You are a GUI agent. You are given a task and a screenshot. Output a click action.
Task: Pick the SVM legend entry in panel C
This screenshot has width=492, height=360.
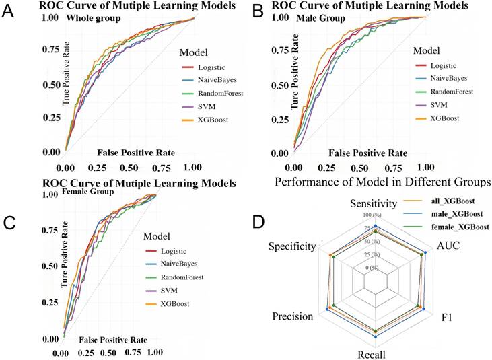coord(174,291)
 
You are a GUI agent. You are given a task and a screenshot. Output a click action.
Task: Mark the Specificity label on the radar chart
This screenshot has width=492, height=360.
coord(291,247)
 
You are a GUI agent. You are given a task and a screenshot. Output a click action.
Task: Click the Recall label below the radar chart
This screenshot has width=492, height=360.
coord(376,354)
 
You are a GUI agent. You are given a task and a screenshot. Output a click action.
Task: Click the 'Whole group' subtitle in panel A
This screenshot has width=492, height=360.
coord(93,18)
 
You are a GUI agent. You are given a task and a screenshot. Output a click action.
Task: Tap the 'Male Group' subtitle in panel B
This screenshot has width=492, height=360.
coord(321,18)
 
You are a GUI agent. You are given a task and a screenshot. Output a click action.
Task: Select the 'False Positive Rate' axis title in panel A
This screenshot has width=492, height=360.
coord(135,153)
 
